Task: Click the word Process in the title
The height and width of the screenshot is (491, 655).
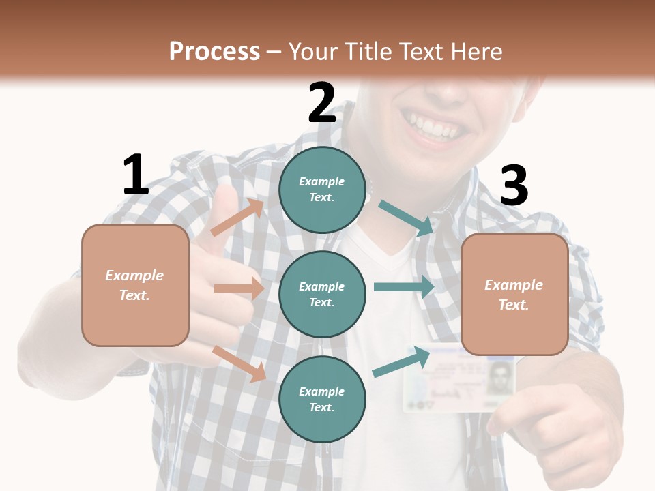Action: [214, 51]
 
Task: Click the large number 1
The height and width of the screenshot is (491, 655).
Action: [136, 175]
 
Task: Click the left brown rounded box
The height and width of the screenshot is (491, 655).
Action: [135, 285]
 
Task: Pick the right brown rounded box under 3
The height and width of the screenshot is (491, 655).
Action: [514, 294]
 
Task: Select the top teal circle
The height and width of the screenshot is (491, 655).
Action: [322, 190]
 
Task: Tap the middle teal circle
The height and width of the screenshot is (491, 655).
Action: [322, 294]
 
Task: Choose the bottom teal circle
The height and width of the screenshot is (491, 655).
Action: [322, 399]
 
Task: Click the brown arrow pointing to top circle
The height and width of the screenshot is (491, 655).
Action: [238, 218]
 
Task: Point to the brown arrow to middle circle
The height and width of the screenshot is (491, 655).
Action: [239, 288]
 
